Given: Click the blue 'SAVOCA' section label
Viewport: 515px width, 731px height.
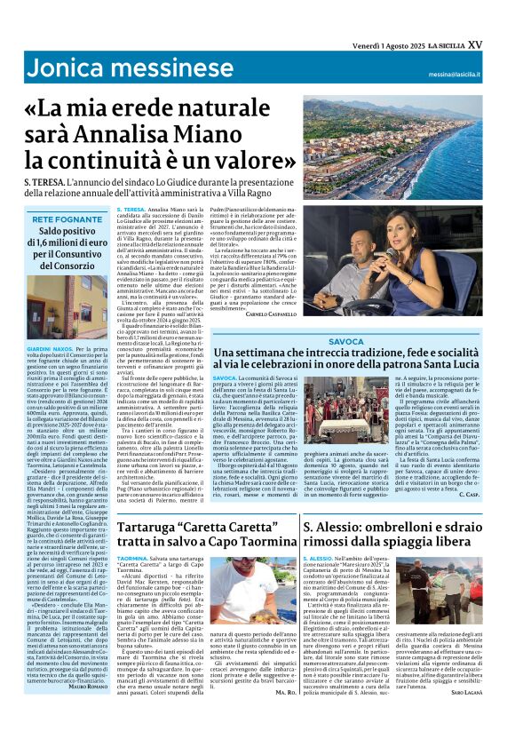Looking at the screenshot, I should pyautogui.click(x=347, y=342).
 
